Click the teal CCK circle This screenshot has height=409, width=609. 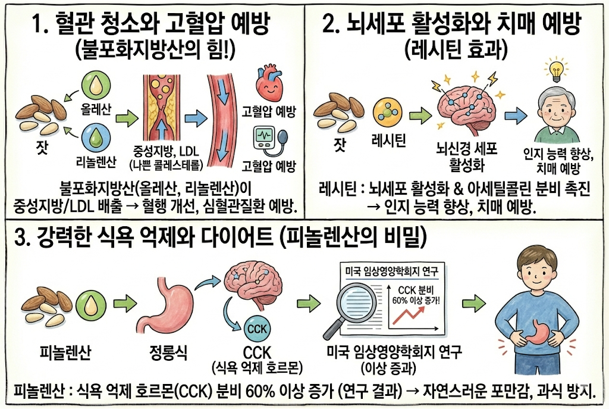258,329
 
